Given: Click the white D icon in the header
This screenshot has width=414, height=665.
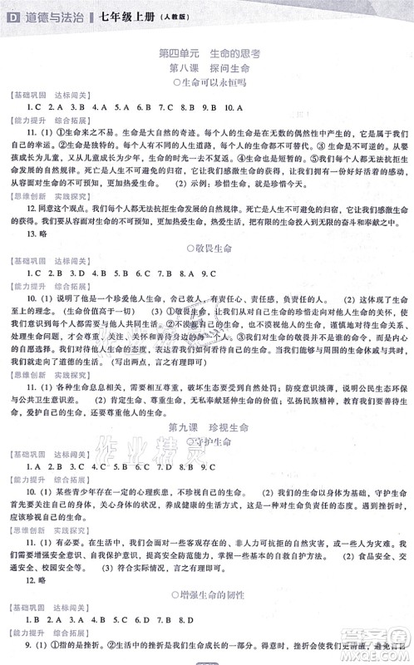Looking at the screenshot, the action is pyautogui.click(x=11, y=12).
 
